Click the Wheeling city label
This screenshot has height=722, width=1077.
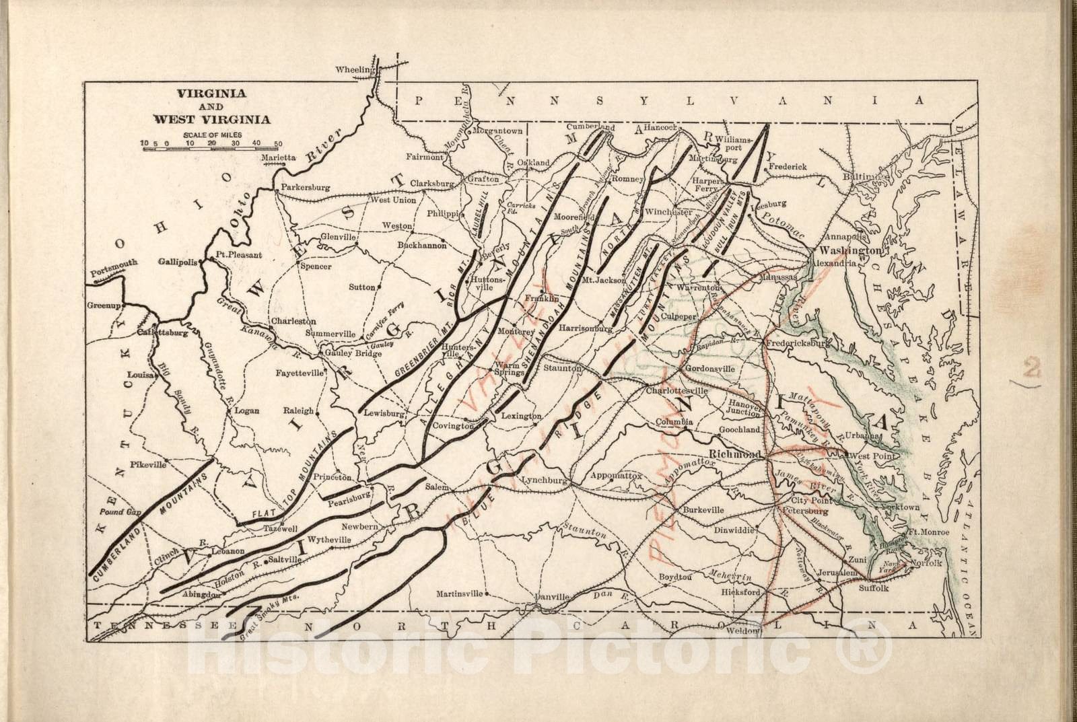click(354, 70)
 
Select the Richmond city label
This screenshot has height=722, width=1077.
click(736, 454)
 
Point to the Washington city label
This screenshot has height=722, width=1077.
click(849, 250)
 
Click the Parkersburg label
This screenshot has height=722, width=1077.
click(306, 188)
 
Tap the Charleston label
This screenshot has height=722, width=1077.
click(293, 322)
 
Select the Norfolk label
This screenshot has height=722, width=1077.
click(926, 563)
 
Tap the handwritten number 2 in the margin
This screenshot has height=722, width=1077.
click(1031, 369)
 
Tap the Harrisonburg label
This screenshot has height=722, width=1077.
click(585, 329)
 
